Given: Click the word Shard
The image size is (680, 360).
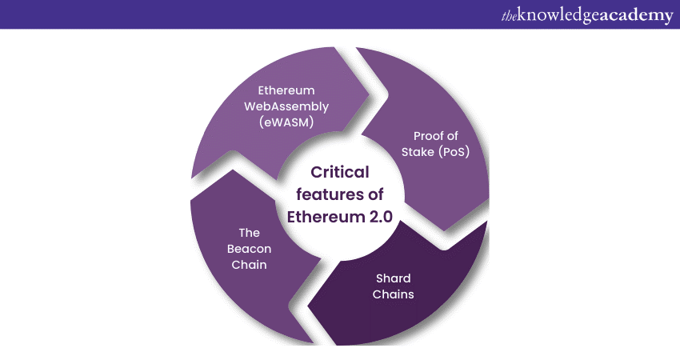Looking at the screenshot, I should pos(394,278).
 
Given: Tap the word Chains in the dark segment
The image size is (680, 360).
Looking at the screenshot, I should pos(394,294).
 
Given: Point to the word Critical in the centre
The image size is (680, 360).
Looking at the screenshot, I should pos(340,172).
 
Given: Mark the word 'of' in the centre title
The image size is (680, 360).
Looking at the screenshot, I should pos(373,194).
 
